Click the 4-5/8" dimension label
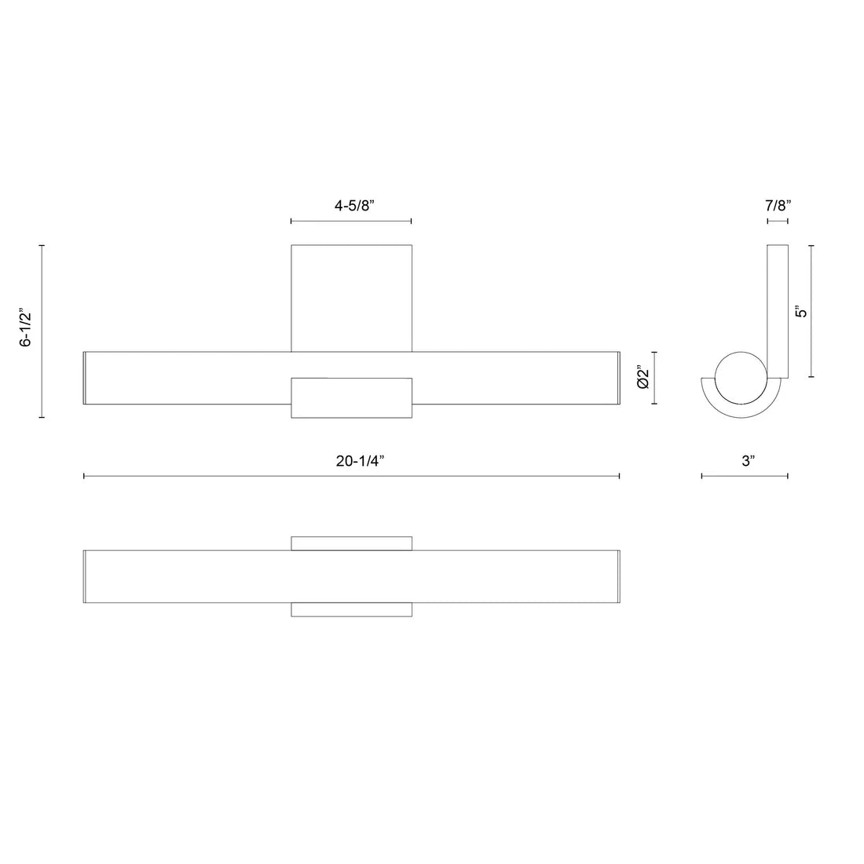tap(354, 206)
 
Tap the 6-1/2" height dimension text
tap(26, 329)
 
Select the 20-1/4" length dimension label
tap(360, 460)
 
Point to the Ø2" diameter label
tap(643, 377)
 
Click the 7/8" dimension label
tap(778, 206)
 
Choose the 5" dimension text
tap(801, 311)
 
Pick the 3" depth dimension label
tap(748, 460)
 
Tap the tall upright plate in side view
tap(778, 311)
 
